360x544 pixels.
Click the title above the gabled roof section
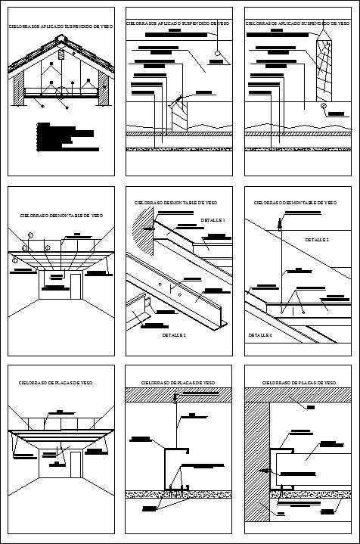point(61,26)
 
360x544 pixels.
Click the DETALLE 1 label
point(213,220)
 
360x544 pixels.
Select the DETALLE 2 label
point(173,334)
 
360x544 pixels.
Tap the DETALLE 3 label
point(317,239)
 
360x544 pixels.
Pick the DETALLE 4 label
point(260,334)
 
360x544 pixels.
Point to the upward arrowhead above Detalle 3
point(279,222)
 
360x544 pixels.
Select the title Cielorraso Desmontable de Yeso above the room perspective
point(61,216)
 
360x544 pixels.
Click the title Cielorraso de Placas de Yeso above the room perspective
point(56,384)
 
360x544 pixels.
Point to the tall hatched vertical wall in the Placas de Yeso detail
point(256,462)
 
